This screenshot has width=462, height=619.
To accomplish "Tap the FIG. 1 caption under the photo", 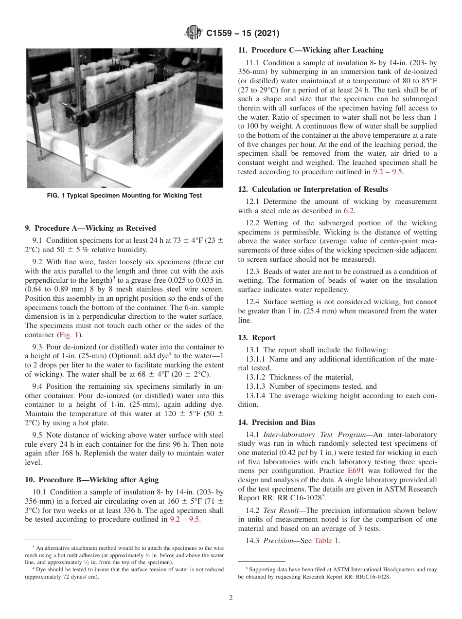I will pos(124,196).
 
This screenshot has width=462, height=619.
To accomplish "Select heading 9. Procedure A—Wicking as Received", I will pos(90,228).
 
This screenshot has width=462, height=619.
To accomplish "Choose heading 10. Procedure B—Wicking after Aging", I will pos(91,480).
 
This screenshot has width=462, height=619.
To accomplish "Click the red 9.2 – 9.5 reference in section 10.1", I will pos(185,519).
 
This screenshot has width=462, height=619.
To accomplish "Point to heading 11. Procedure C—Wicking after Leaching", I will pos(310,50).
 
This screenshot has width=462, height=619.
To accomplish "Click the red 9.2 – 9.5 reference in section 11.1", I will pos(388,172).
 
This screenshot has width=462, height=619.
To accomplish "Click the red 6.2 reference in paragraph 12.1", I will pos(349,211).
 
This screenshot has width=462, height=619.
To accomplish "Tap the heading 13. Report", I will pos(257,338).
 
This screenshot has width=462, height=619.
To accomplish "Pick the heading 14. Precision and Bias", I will pos(277,422).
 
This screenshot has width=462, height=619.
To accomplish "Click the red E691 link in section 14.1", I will pos(355,471).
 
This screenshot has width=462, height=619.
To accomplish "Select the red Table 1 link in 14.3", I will pos(327,540).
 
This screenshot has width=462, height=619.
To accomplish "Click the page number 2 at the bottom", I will pos(231,598).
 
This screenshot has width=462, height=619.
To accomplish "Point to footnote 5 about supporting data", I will pos(338,573).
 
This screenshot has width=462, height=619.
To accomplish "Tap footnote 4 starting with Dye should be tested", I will pos(124,573).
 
